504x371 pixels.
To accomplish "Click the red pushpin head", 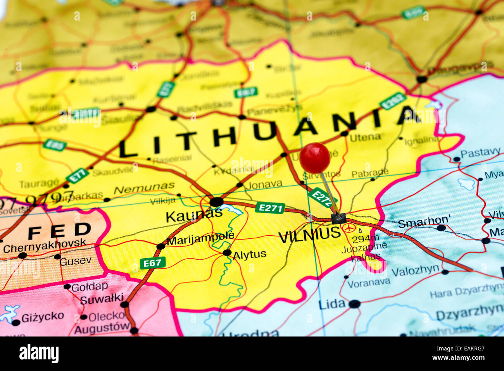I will pos(314,158).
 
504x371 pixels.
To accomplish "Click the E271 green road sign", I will pos(270,208).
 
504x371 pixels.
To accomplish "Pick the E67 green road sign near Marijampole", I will pos(152,263).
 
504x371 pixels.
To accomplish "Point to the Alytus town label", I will pos(249,255).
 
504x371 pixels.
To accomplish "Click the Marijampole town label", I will pos(200,238).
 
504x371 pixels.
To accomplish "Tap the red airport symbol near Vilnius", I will pos(349,228).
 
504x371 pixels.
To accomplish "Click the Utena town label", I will pos(365,137).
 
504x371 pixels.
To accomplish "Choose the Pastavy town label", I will pos(480,153).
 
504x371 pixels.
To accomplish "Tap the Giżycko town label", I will pos(43,317).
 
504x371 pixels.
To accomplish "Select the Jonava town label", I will pos(264,184).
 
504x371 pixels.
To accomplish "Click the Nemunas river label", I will pos(144,188).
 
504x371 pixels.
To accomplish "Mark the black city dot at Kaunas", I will pos(216,202).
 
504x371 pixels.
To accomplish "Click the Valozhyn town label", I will pos(415,271).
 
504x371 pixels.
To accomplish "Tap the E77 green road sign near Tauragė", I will pos(77,176).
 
